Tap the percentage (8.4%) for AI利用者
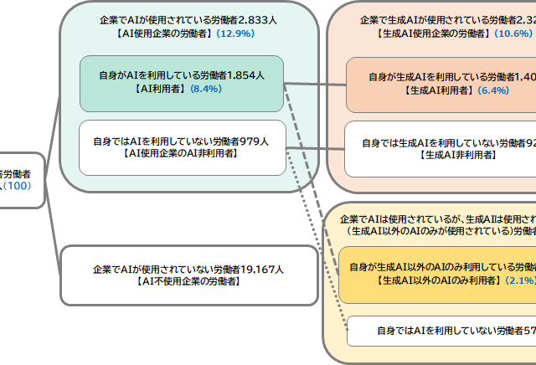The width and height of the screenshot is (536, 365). click(x=205, y=88)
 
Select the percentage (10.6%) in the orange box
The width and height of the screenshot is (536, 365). click(x=513, y=34)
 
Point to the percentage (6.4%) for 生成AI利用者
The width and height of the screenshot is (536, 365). click(x=492, y=90)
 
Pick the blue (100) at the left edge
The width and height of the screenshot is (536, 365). click(x=17, y=185)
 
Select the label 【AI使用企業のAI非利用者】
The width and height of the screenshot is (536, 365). click(x=182, y=154)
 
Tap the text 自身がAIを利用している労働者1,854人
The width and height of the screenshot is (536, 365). click(x=182, y=75)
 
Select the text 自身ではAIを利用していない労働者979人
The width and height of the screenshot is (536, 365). click(x=182, y=141)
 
